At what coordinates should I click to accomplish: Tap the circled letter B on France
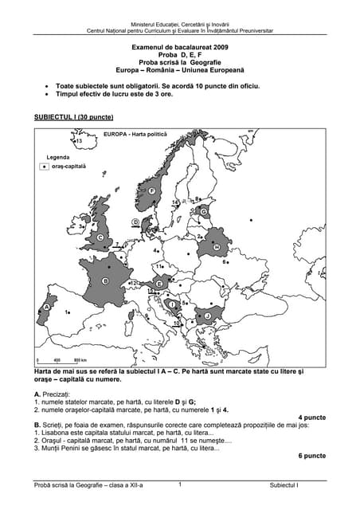106,280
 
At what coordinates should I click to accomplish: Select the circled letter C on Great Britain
100,237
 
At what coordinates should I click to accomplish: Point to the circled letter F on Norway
152,190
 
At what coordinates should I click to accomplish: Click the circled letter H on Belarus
216,248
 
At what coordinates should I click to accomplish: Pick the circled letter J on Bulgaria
207,316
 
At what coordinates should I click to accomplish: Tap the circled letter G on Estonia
204,211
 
